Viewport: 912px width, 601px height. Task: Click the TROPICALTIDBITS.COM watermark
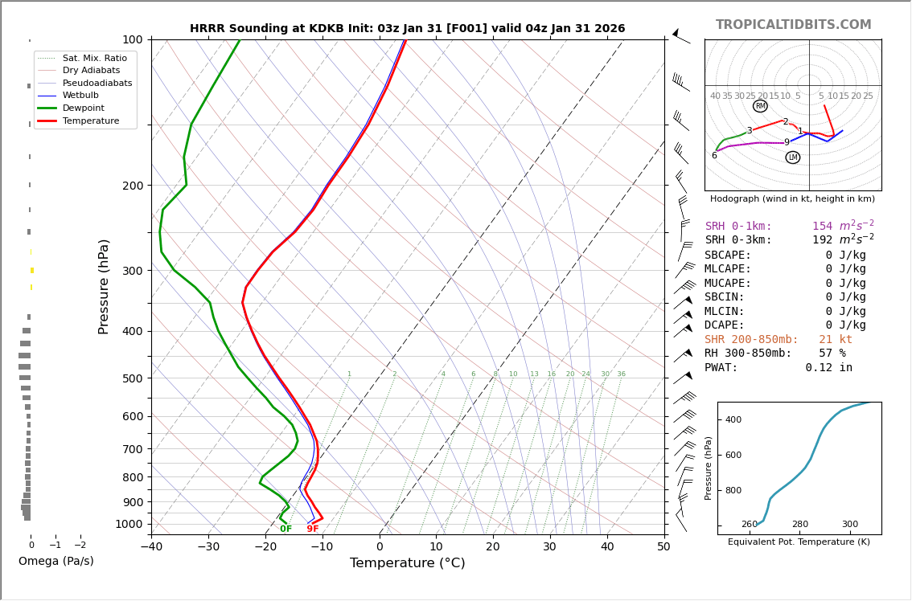(x=793, y=25)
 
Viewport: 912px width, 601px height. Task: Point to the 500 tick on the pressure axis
(x=132, y=378)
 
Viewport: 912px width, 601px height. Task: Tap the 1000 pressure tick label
(x=129, y=525)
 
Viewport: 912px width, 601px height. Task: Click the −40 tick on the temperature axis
(x=151, y=547)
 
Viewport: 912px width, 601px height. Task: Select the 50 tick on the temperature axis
(x=663, y=547)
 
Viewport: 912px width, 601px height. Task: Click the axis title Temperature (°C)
(x=407, y=563)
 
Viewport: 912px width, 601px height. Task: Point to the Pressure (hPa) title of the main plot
(x=105, y=286)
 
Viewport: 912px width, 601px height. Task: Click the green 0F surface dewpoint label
(x=286, y=529)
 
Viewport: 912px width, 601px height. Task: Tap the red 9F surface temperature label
(x=313, y=529)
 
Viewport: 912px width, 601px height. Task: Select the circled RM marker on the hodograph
(x=760, y=106)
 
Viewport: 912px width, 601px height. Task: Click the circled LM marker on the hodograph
(x=793, y=157)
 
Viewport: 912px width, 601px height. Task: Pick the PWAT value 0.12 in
(x=828, y=368)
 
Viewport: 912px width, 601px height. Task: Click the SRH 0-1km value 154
(x=823, y=227)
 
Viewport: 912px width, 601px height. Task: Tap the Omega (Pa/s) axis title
(x=55, y=561)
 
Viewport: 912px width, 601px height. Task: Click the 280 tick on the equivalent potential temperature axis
(x=799, y=525)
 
